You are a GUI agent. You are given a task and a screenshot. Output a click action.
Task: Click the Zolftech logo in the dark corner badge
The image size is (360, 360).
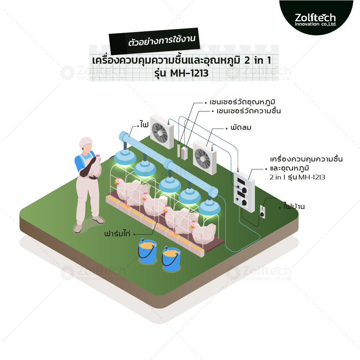315,20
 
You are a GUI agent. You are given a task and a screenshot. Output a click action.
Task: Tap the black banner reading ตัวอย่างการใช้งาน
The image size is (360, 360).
154,41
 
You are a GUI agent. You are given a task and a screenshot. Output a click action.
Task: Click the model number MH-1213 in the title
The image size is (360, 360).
190,73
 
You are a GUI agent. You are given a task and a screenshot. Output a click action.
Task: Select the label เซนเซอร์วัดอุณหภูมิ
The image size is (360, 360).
242,102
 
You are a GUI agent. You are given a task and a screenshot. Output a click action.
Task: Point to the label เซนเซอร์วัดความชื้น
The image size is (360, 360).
249,111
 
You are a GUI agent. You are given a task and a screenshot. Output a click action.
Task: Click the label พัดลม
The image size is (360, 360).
241,127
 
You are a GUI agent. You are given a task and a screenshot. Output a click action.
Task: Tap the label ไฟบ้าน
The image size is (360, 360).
294,206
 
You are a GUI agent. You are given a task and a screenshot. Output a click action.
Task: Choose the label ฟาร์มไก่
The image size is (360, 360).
117,233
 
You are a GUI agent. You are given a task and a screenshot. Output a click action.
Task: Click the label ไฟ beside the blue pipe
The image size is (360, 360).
145,125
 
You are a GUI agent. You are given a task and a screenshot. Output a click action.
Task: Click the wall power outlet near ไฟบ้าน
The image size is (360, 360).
263,212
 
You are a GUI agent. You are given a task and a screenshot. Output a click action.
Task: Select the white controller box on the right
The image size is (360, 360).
244,191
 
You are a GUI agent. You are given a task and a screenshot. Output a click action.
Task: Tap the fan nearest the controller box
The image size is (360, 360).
204,158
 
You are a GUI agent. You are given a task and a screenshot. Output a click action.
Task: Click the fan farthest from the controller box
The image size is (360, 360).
162,132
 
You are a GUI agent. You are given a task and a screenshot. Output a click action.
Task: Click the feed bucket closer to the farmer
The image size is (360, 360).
147,251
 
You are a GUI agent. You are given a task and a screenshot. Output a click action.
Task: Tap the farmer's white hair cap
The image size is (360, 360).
86,142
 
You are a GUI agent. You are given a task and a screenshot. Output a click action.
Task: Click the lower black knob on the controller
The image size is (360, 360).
244,203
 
